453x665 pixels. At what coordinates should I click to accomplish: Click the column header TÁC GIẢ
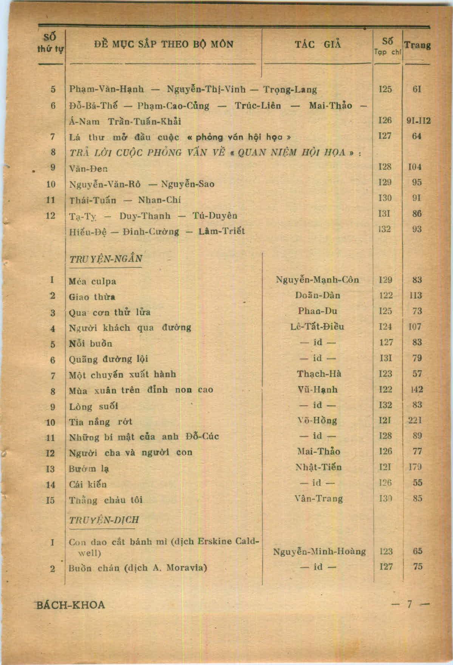click(x=318, y=45)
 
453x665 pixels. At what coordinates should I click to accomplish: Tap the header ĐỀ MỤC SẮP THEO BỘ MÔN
click(x=164, y=44)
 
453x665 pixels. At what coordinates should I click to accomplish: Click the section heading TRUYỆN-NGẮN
click(x=105, y=259)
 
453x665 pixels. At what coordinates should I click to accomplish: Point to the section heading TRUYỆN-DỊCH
click(x=104, y=520)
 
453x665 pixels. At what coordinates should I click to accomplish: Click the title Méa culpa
click(x=93, y=281)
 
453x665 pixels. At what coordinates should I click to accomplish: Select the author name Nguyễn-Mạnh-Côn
click(x=317, y=280)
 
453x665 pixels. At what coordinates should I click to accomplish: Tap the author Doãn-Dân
click(x=317, y=295)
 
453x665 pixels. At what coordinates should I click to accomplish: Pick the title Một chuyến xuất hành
click(x=122, y=375)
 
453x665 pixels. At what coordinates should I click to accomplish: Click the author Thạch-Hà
click(x=319, y=374)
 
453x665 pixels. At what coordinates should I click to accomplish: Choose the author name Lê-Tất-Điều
click(x=317, y=327)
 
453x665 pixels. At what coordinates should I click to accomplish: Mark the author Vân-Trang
click(x=318, y=498)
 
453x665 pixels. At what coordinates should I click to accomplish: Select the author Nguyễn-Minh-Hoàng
click(x=319, y=552)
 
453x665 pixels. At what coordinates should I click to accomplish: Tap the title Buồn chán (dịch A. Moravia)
click(x=138, y=568)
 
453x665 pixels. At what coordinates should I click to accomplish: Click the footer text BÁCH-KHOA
click(x=70, y=605)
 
